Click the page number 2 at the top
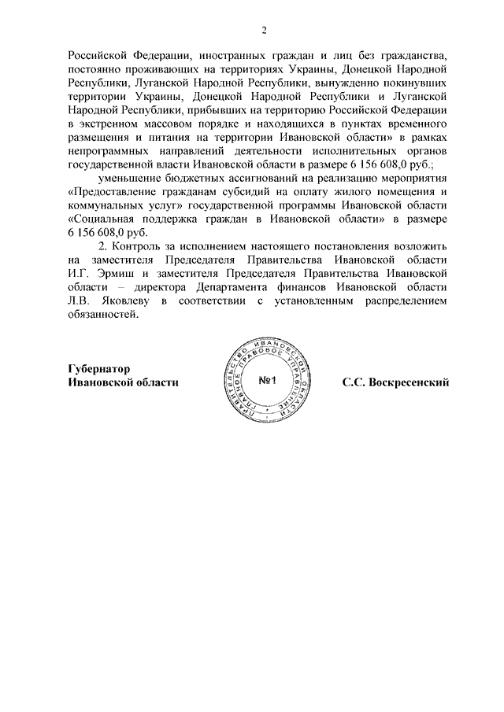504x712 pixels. tap(265, 31)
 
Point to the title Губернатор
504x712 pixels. tap(98, 368)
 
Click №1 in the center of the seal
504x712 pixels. tap(270, 382)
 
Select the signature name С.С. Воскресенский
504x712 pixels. tap(395, 382)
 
